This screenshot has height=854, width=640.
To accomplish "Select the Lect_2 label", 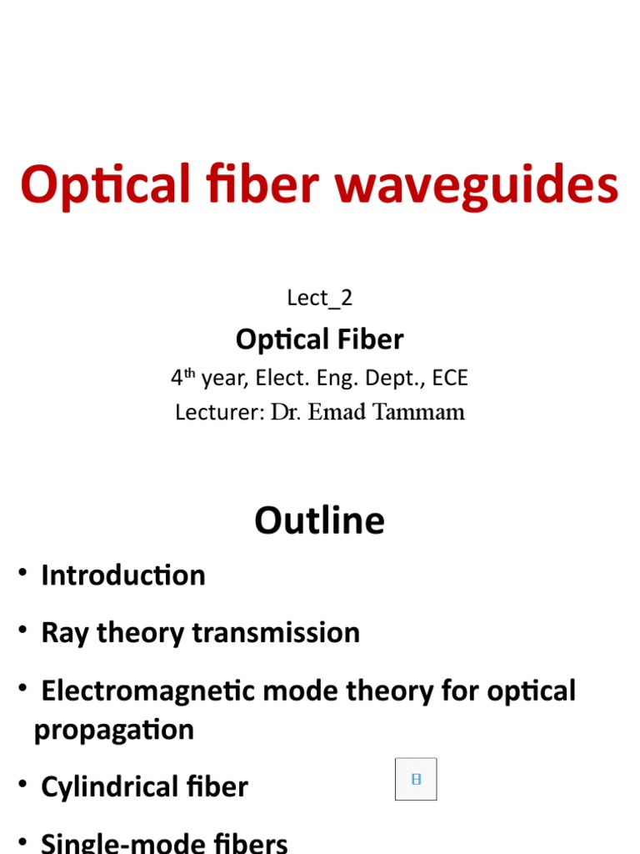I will pyautogui.click(x=320, y=298).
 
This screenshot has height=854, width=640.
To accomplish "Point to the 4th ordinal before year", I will pyautogui.click(x=182, y=378).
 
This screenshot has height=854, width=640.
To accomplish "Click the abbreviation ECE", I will pyautogui.click(x=450, y=378).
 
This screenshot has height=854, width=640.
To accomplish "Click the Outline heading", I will pyautogui.click(x=320, y=520).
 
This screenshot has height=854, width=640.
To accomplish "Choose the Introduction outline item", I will pyautogui.click(x=123, y=575).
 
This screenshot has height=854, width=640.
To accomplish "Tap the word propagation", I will pyautogui.click(x=114, y=730).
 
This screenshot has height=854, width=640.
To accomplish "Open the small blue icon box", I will pyautogui.click(x=416, y=779).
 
